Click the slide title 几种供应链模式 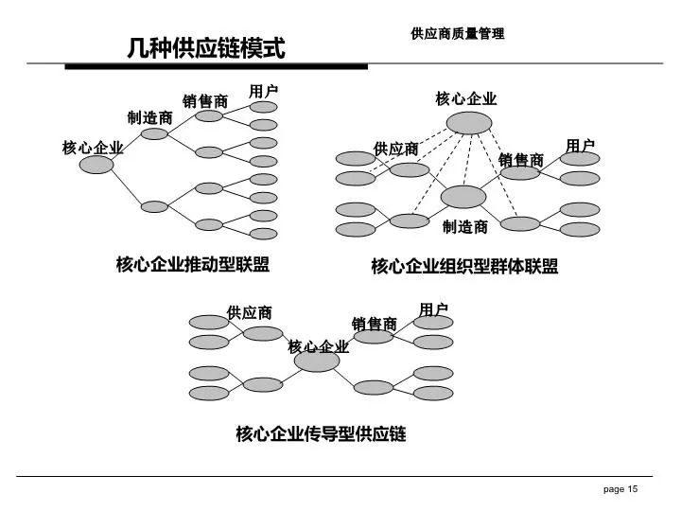pyautogui.click(x=206, y=48)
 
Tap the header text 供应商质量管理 pyautogui.click(x=458, y=33)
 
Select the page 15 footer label pyautogui.click(x=620, y=489)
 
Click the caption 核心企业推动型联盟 pyautogui.click(x=193, y=265)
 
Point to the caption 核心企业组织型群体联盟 pyautogui.click(x=464, y=266)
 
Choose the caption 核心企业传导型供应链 pyautogui.click(x=321, y=433)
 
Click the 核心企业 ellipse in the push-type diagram pyautogui.click(x=96, y=165)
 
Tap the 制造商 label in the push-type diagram pyautogui.click(x=149, y=117)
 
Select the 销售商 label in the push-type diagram pyautogui.click(x=205, y=101)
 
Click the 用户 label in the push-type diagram pyautogui.click(x=263, y=92)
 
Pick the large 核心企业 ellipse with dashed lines pyautogui.click(x=469, y=123)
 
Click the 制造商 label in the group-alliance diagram pyautogui.click(x=464, y=227)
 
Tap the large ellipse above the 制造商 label pyautogui.click(x=463, y=197)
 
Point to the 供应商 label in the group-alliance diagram pyautogui.click(x=395, y=150)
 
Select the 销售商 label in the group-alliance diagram pyautogui.click(x=521, y=160)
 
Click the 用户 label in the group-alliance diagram pyautogui.click(x=580, y=146)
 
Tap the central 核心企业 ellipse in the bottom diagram pyautogui.click(x=317, y=361)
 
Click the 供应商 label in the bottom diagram pyautogui.click(x=250, y=313)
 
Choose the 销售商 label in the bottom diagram pyautogui.click(x=375, y=325)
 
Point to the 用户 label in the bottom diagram pyautogui.click(x=433, y=310)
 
